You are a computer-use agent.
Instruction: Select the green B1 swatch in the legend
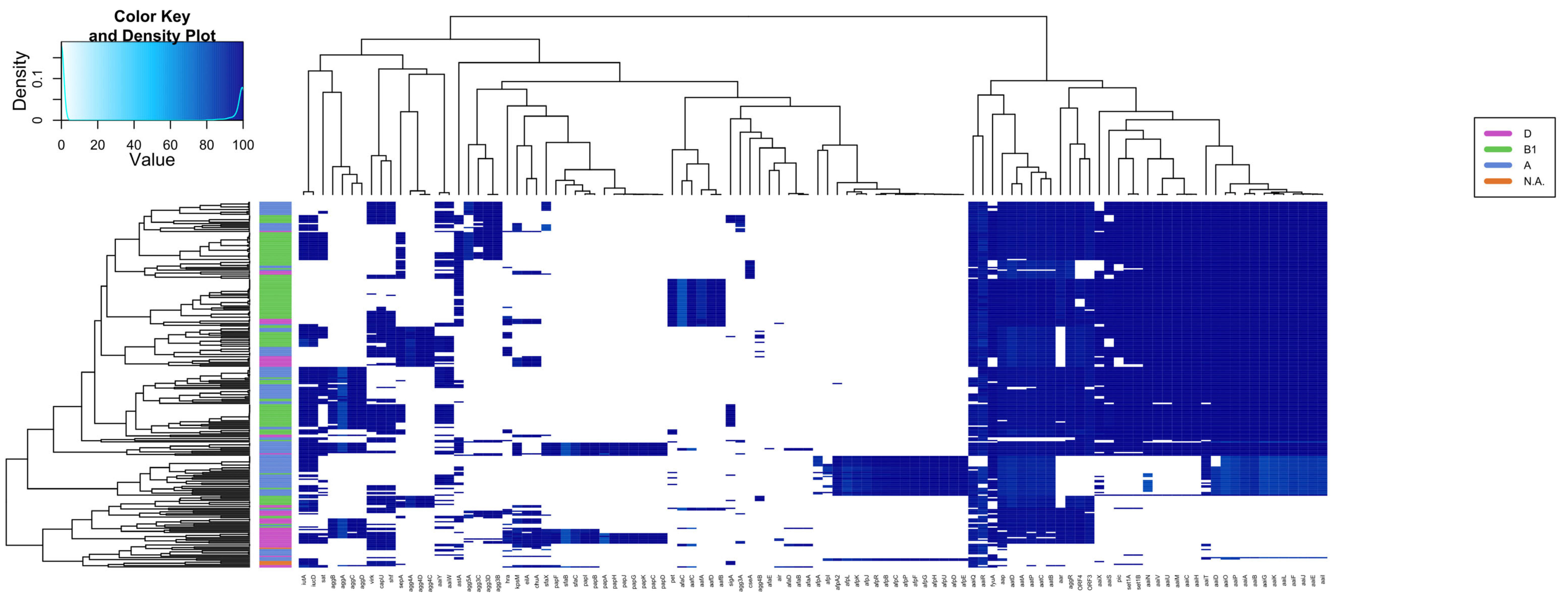(x=1498, y=149)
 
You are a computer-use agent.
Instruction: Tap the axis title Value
(x=152, y=160)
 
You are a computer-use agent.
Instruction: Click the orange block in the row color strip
(x=275, y=563)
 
